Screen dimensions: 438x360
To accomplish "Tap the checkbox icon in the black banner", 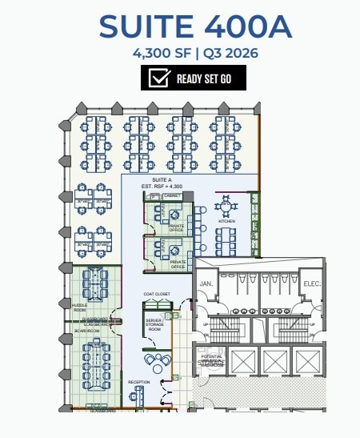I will pos(160,78).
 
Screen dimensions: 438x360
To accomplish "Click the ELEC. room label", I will pos(312,284).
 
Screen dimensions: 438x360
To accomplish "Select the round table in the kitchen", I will pos(226,207).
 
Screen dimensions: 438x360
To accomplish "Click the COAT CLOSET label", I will pos(156,295).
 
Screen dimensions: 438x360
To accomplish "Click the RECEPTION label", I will pos(139,382).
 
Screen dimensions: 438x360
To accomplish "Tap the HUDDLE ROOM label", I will pos(79,307).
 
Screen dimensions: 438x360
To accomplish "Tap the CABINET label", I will pos(173,196).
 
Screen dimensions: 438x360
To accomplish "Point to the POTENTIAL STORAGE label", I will pos(211,358).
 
